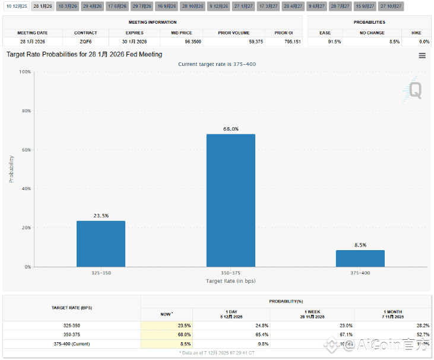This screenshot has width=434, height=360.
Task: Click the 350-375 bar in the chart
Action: coord(230,200)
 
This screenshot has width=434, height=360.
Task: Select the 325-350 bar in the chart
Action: coord(101,244)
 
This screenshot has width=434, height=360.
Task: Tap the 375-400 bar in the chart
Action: coord(360,258)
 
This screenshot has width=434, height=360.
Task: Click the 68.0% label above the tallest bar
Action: coord(231,129)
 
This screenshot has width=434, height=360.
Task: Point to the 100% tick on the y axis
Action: coord(25,72)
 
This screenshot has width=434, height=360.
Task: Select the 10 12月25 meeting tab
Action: coord(17,5)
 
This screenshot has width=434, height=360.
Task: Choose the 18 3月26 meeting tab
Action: coord(67,5)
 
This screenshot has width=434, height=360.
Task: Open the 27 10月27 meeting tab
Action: coord(390,5)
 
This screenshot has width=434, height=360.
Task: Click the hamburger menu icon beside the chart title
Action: coord(422,55)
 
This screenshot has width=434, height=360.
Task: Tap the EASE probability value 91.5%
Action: coord(334,42)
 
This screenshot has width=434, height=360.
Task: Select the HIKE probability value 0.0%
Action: coord(424,42)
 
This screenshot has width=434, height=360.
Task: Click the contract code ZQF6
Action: coord(85,42)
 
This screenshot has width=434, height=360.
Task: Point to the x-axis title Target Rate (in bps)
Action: coord(230,280)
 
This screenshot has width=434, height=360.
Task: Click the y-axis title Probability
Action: coord(11,169)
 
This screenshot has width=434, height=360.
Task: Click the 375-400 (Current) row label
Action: coord(72,343)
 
